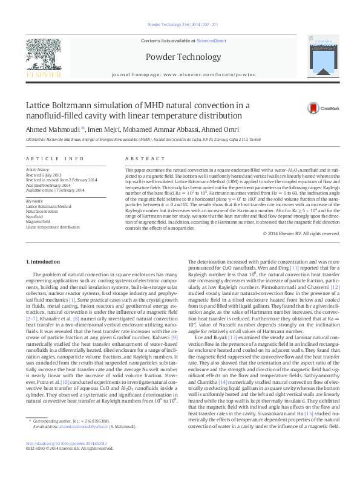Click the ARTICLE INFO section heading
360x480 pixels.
(54, 158)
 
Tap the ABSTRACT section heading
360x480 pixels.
(140, 158)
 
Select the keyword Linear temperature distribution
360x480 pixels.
(53, 227)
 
